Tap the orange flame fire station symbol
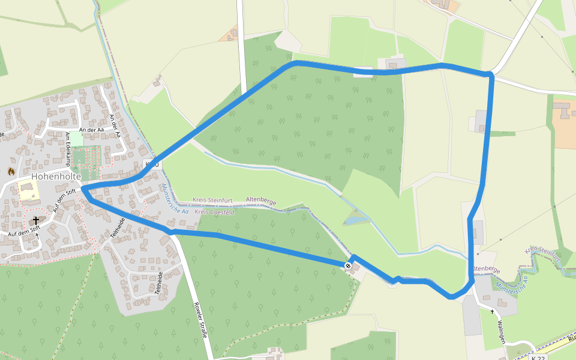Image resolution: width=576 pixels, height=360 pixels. pos(11,172)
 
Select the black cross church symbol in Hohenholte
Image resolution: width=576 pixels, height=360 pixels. pos(35,221)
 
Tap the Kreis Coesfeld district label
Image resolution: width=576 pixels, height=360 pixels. pos(215,212)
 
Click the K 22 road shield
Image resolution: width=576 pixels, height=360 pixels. pos(538,358)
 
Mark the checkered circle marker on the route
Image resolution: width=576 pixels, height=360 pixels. pos(348,265)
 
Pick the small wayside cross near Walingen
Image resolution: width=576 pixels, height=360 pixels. pos(493,311)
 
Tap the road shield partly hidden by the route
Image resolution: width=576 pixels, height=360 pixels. pos(152,164)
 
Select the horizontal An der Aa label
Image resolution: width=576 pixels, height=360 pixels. pos(92,130)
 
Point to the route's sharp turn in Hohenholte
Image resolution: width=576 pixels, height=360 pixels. pos(83,191)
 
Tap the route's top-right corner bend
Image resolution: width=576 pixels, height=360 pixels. pos(491,75)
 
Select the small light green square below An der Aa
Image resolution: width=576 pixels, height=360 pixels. pos(76,137)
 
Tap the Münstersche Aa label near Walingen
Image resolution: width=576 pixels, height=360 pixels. pos(509,283)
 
